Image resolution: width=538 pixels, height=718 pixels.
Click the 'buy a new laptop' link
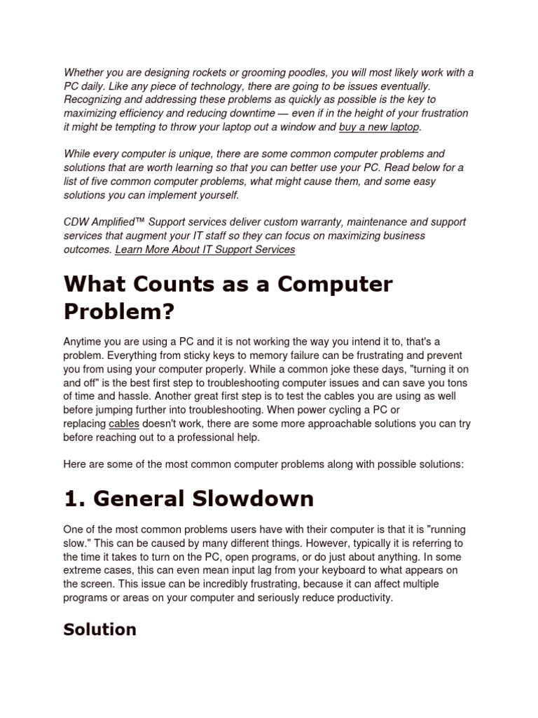[380, 127]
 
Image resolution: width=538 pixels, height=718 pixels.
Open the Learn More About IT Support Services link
[205, 249]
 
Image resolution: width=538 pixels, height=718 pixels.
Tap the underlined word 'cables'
[124, 424]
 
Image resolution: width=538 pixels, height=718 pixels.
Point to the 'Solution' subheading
[99, 629]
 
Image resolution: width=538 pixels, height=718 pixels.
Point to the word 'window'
[297, 127]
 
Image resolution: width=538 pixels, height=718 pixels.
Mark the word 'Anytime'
[83, 341]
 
